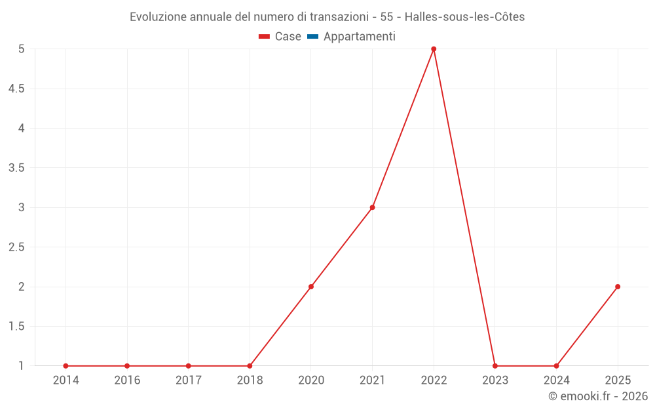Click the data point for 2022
(434, 49)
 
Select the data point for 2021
(372, 207)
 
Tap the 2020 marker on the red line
(311, 287)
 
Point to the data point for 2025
(618, 287)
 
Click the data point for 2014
(65, 366)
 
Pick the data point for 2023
(495, 366)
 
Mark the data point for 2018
(250, 366)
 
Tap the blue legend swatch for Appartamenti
(312, 37)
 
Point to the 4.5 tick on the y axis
(16, 89)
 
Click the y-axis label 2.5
(16, 247)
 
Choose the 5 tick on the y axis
(21, 49)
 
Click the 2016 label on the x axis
(127, 380)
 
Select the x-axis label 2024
(556, 380)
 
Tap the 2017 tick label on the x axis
(188, 380)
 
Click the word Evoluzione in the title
(158, 17)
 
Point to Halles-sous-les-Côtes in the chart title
(465, 17)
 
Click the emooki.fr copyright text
(597, 396)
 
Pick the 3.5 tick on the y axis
(16, 168)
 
